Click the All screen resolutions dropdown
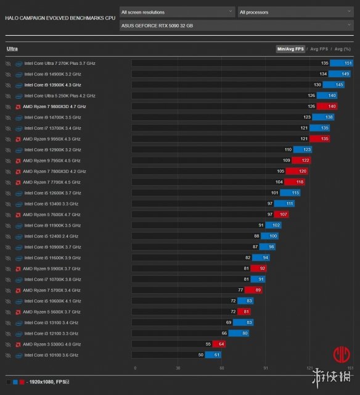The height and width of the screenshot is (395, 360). [x=177, y=12]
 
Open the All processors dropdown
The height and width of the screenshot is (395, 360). [x=296, y=12]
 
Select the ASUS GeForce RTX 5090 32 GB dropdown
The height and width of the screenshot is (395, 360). [x=237, y=25]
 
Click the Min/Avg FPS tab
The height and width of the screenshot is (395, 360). [x=290, y=49]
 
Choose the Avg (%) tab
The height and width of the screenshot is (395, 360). [x=342, y=49]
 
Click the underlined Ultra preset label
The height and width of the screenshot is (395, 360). [x=12, y=49]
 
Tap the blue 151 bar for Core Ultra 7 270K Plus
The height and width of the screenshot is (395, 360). [x=342, y=63]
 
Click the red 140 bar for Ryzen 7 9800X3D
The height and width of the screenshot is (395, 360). [x=327, y=106]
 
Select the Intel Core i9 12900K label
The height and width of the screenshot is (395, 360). [x=52, y=149]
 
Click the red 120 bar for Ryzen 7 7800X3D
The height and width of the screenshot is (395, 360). [x=297, y=172]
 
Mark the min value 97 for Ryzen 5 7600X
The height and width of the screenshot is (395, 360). [x=270, y=214]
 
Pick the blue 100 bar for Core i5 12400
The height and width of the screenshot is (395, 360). [x=269, y=236]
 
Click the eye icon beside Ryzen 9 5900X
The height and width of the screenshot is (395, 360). [x=8, y=269]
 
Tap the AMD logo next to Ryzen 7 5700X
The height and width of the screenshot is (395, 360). [x=18, y=291]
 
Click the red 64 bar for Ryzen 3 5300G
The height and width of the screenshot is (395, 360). [x=219, y=344]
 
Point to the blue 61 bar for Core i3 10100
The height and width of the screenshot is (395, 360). [x=213, y=355]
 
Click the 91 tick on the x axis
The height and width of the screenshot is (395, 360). [x=266, y=368]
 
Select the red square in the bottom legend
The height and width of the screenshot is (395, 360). [x=22, y=382]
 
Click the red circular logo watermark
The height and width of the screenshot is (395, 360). [x=342, y=354]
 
